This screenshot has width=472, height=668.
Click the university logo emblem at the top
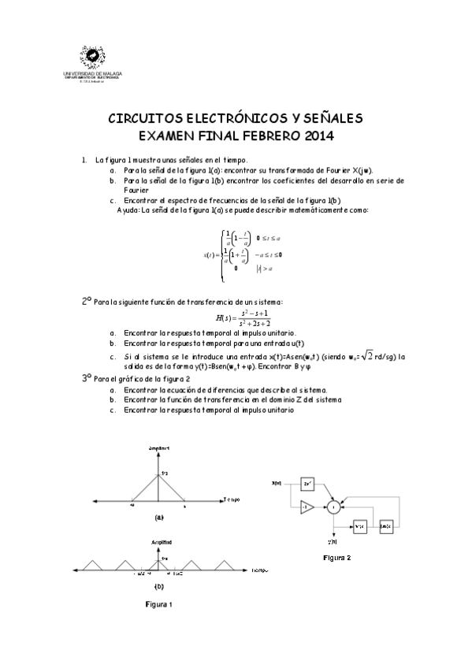98,56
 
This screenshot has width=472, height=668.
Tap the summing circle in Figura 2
334,508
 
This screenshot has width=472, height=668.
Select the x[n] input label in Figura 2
276,483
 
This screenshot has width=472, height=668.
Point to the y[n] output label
333,542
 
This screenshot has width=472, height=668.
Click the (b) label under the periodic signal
159,586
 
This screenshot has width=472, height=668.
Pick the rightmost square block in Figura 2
385,525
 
